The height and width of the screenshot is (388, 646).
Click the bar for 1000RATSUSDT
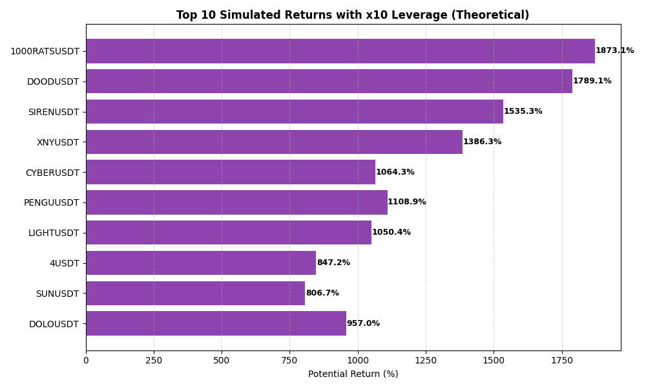(x=340, y=51)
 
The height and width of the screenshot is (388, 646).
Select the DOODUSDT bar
(x=329, y=81)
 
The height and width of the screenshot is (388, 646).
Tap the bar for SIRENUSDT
(x=295, y=112)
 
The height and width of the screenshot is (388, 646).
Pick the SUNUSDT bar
(x=195, y=294)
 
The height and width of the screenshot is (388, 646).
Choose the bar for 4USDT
(x=201, y=263)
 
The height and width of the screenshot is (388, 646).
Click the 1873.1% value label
(x=614, y=51)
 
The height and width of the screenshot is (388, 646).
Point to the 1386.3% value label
(x=482, y=142)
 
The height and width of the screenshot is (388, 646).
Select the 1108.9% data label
(x=407, y=202)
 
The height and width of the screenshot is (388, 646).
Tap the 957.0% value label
(x=363, y=324)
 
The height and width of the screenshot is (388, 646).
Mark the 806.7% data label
(x=322, y=294)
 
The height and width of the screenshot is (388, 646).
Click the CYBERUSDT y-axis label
(x=52, y=173)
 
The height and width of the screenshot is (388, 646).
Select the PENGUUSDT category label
(x=52, y=203)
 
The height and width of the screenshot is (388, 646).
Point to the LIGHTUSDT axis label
(x=54, y=233)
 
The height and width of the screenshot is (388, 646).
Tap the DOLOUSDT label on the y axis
(x=54, y=324)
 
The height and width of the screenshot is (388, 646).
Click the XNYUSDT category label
(x=58, y=142)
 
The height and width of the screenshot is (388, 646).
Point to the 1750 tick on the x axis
(x=561, y=360)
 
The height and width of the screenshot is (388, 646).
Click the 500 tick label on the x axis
(x=222, y=360)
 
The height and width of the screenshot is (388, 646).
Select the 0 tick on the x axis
(x=86, y=360)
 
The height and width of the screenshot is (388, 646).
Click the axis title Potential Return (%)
(x=353, y=374)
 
